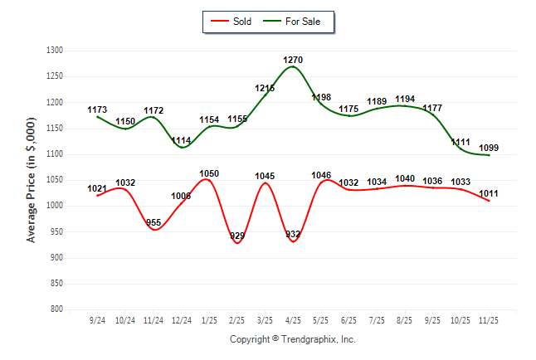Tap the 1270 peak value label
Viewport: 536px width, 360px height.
(x=293, y=60)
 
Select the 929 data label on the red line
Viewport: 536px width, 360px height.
(x=237, y=236)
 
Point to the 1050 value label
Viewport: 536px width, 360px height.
(x=209, y=173)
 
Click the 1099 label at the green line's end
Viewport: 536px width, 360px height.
(x=489, y=148)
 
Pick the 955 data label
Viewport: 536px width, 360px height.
(x=153, y=223)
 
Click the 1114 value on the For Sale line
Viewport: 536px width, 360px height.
(x=181, y=141)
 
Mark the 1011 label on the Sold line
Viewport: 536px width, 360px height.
(x=489, y=194)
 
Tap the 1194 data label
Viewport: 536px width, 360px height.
(x=405, y=100)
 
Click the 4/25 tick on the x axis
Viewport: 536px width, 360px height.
(x=293, y=320)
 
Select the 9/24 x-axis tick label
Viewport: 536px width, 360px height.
(x=97, y=320)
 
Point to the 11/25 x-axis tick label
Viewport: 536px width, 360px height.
(x=489, y=320)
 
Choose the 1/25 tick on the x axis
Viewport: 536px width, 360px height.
(x=209, y=320)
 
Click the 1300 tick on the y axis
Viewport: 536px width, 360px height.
(x=55, y=51)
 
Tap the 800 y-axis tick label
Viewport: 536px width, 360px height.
(x=57, y=309)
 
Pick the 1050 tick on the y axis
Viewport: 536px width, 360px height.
(x=55, y=180)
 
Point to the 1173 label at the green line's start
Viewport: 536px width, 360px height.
(x=97, y=110)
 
